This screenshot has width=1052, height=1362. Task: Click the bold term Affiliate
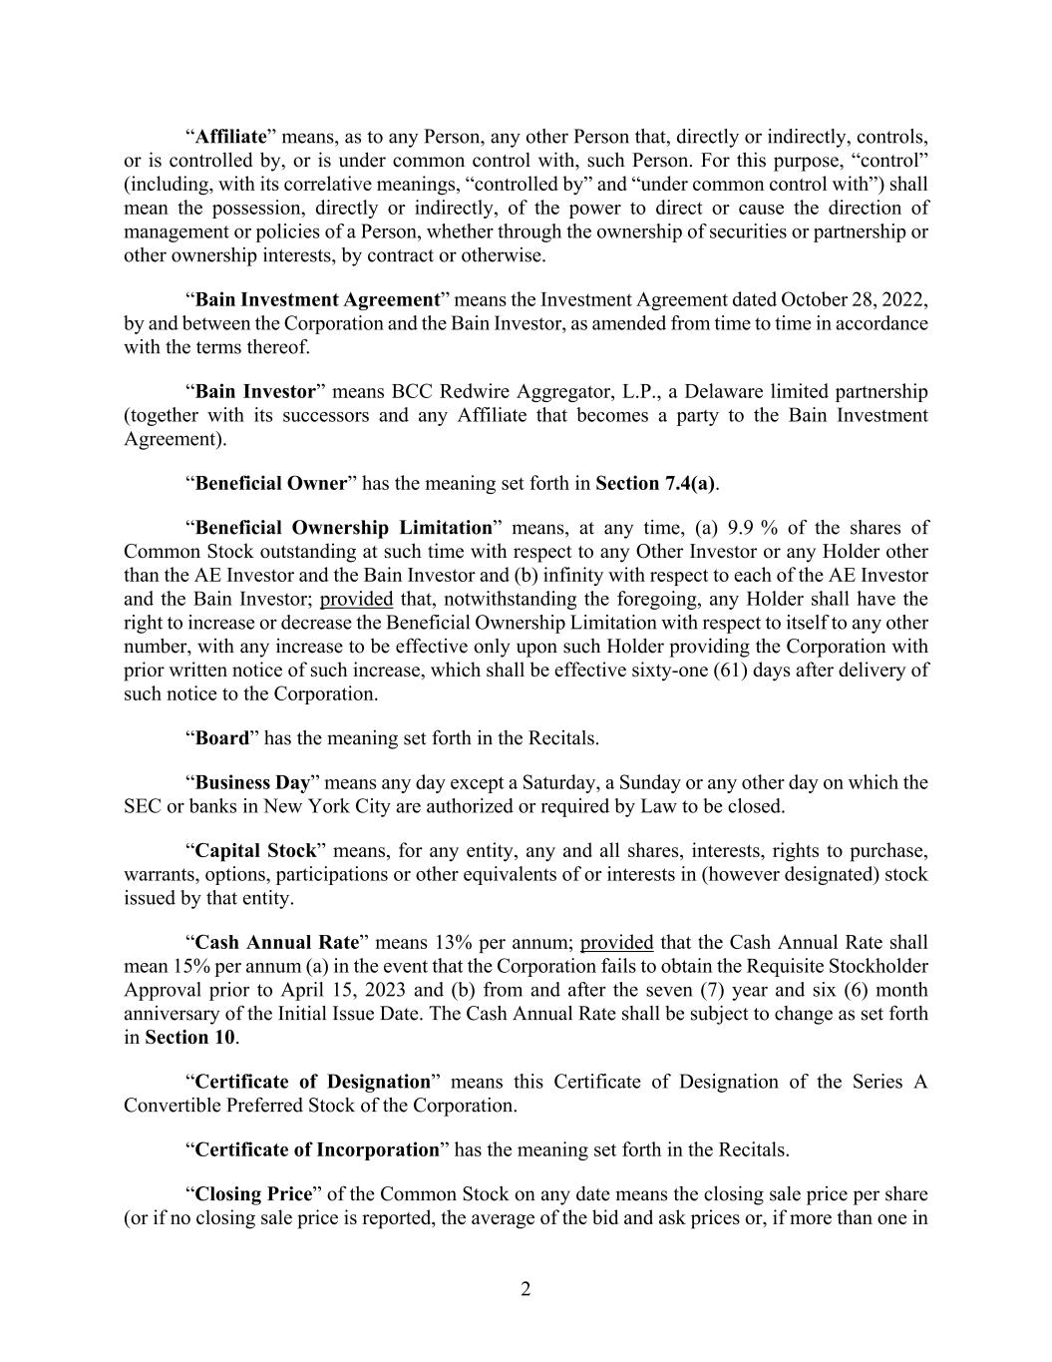[x=230, y=137]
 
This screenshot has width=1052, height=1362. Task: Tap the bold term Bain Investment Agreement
[x=317, y=300]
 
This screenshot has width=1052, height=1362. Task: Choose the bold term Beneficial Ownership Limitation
[x=344, y=528]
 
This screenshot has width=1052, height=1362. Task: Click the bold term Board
[x=221, y=739]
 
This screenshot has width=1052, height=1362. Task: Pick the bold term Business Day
[x=252, y=783]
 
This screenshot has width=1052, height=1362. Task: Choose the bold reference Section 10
[x=189, y=1038]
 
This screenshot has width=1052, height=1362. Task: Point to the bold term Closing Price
[x=253, y=1194]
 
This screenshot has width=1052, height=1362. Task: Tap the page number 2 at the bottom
[x=526, y=1290]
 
